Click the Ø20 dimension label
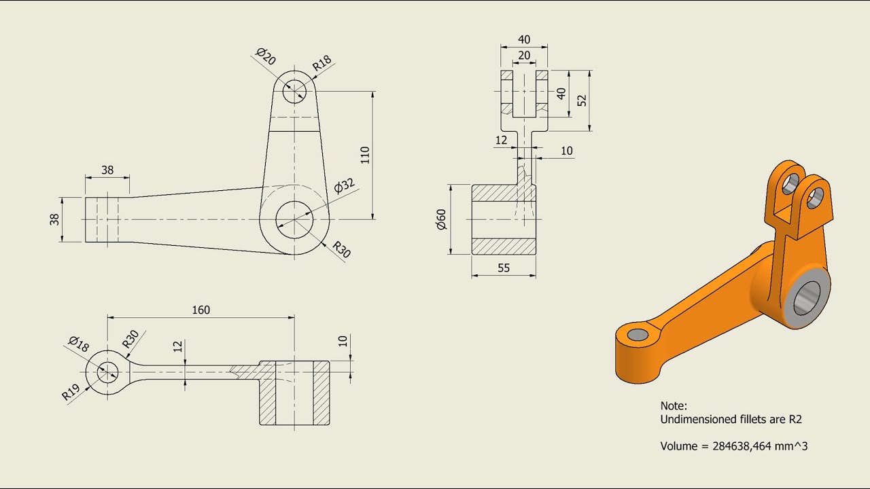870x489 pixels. click(266, 56)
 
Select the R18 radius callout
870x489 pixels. click(322, 63)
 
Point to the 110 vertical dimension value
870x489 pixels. click(365, 155)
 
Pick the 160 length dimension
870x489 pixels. click(201, 310)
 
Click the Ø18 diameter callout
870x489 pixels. click(79, 344)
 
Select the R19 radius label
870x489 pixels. click(71, 393)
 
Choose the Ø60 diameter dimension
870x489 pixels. click(441, 219)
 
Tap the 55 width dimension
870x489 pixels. click(503, 268)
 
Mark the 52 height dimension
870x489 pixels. click(582, 101)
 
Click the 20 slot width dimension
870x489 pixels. click(524, 56)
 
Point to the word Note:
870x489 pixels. click(674, 405)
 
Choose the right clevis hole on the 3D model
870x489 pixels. click(816, 197)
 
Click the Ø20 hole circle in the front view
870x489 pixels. click(294, 90)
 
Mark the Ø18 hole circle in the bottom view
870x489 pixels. click(107, 372)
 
